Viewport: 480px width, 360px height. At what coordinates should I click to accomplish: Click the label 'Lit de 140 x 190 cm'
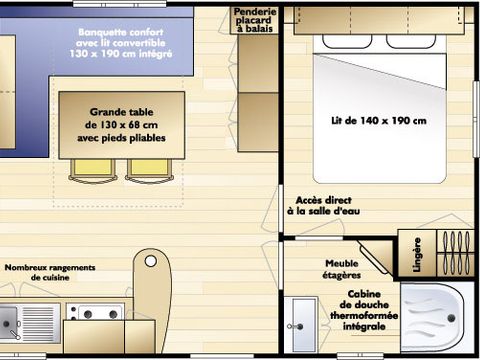379,120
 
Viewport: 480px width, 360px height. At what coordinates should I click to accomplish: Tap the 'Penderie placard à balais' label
255,20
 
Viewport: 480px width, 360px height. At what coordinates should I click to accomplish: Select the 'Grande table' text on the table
122,112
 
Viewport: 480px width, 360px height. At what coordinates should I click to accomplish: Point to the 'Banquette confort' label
121,32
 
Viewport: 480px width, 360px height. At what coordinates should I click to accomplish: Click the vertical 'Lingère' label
417,254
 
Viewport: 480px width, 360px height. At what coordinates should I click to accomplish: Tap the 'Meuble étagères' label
342,269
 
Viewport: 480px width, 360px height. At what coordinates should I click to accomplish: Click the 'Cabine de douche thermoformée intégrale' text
364,310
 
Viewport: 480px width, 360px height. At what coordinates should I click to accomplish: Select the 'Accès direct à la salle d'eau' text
323,206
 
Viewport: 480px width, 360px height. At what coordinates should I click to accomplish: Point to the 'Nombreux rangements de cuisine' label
50,272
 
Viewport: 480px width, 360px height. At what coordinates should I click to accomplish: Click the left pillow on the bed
347,41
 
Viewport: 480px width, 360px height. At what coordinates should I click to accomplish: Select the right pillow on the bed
411,41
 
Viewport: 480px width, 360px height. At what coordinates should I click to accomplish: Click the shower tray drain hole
452,318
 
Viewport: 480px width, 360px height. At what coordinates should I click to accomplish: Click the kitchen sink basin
9,323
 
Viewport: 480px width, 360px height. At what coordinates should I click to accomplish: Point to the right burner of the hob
113,314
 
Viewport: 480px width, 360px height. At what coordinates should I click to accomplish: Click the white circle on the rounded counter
151,261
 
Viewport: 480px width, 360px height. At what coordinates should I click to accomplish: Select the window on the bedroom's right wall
476,119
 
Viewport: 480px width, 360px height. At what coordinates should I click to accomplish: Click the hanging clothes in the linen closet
455,253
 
